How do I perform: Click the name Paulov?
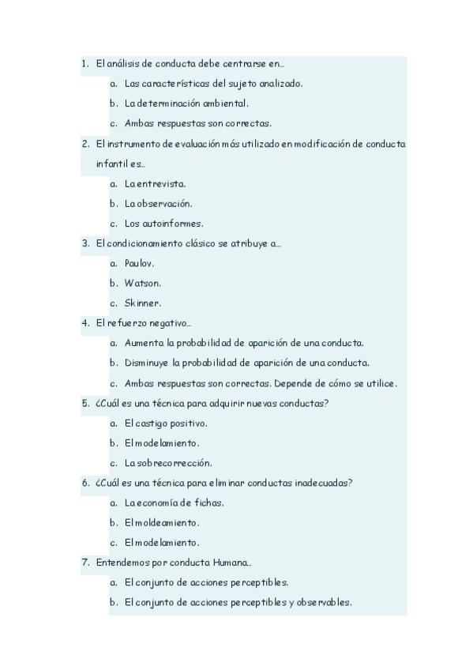point(139,263)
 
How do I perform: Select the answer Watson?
point(142,283)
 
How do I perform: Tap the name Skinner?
point(142,303)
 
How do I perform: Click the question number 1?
point(84,62)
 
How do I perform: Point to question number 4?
point(84,322)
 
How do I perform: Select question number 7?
point(84,563)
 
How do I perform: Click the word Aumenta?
point(145,343)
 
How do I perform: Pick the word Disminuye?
point(148,363)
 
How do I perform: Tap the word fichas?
point(208,502)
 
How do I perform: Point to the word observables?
point(324,602)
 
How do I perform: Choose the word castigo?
point(153,423)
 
